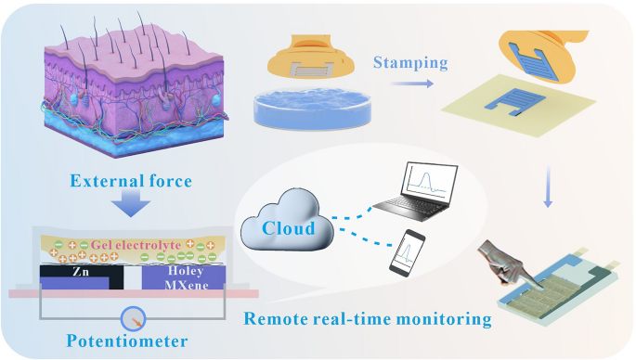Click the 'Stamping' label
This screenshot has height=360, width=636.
click(x=409, y=63)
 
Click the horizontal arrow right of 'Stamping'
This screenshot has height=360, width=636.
click(x=416, y=83)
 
